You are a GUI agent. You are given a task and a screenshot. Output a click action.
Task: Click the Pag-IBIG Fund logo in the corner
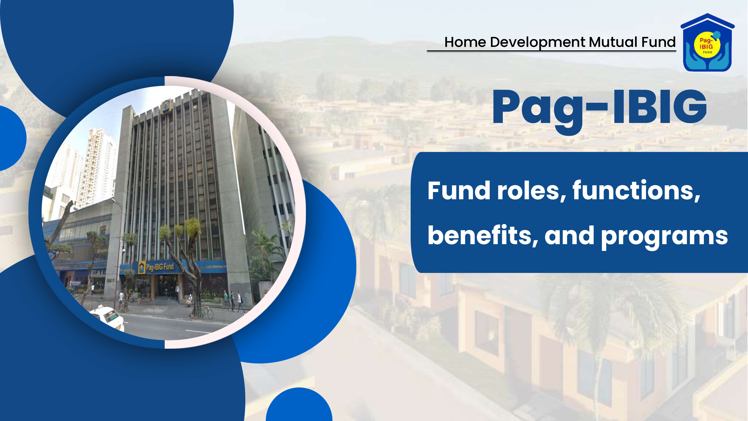707,42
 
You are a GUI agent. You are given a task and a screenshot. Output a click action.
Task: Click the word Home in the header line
465,42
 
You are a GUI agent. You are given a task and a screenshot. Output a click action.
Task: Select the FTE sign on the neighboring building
99,273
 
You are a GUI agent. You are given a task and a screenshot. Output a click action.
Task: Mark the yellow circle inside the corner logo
707,46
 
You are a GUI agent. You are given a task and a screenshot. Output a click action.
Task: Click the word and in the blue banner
569,236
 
